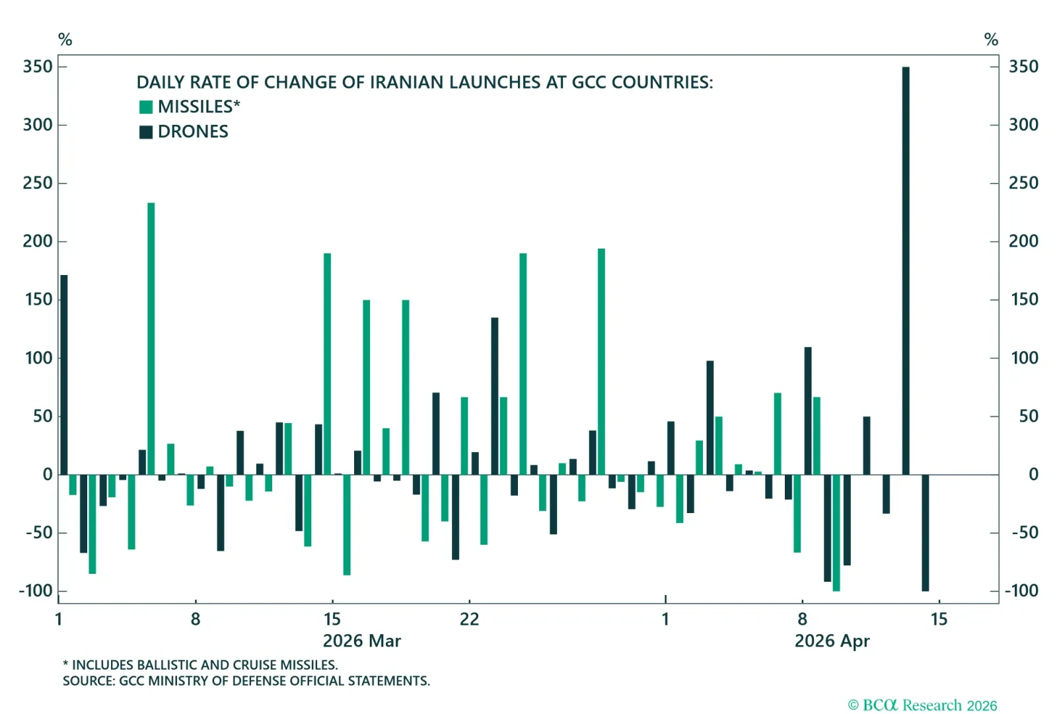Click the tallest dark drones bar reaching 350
(906, 271)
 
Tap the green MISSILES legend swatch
(146, 107)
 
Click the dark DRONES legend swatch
(146, 132)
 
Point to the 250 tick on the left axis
(38, 183)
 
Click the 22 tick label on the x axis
(469, 619)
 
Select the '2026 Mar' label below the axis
(361, 641)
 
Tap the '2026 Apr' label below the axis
(832, 641)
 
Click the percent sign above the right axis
(991, 40)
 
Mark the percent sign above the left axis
(65, 40)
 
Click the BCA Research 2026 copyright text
(922, 705)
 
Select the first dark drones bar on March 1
(64, 375)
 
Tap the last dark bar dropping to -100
(925, 533)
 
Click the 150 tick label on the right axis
(1024, 299)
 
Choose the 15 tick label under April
(939, 619)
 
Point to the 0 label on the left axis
(48, 475)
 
